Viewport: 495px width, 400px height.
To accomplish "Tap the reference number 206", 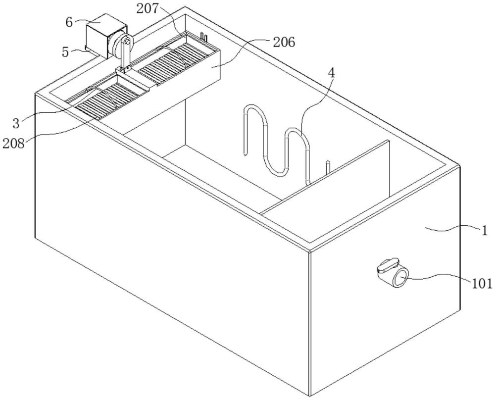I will [x=284, y=43].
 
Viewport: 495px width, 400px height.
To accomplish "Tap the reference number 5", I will [x=66, y=51].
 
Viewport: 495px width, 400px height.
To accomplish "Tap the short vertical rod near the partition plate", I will [x=327, y=167].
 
